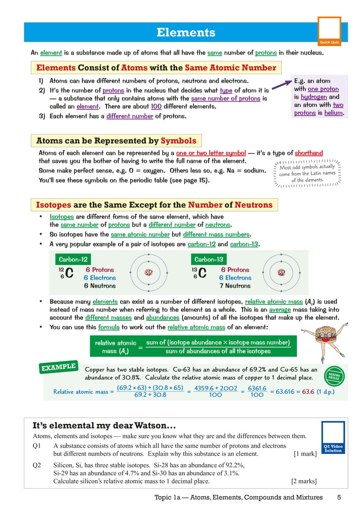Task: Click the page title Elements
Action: tap(186, 33)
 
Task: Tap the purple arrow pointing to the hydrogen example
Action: tap(282, 84)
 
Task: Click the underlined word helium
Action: tap(333, 113)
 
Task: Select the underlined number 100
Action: tap(156, 107)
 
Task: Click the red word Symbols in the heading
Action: tap(178, 141)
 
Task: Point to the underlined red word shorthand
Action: tap(309, 153)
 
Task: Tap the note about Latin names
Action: tap(307, 173)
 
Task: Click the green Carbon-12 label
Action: tap(73, 259)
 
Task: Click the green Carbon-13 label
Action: tap(209, 259)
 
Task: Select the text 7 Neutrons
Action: tap(235, 286)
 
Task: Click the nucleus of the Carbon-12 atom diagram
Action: tap(149, 272)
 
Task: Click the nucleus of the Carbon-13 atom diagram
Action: tap(281, 272)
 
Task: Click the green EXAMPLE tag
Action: tap(58, 367)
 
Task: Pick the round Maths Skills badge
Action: tap(334, 376)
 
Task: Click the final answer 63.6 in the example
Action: tap(308, 392)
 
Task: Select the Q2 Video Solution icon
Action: tap(333, 437)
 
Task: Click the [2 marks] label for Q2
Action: tap(304, 481)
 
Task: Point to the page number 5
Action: tap(339, 497)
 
